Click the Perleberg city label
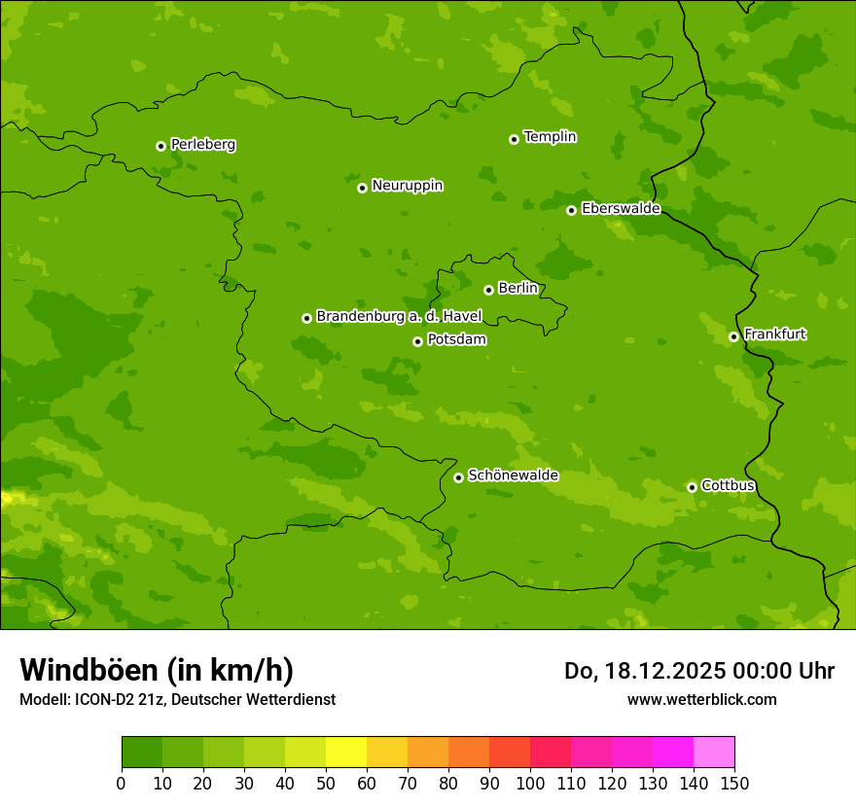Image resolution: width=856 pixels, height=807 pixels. pos(202,145)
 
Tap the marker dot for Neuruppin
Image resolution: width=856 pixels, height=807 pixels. pos(362,188)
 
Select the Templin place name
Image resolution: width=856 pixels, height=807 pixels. pos(550,137)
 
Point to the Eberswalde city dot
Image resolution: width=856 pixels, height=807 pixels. pos(572,210)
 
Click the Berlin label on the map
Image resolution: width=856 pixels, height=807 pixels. pos(517,289)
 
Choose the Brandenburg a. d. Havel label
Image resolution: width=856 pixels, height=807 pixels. pos(399,317)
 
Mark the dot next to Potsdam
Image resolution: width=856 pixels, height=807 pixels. pos(418,341)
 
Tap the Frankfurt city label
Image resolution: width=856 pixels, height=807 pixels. pos(774,334)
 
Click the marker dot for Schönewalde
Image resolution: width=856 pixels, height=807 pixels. pos(459,477)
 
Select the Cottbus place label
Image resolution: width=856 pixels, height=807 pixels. pos(728,485)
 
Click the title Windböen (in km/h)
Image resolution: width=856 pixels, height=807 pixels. pos(157,670)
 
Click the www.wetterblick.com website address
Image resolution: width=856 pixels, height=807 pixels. pos(701,699)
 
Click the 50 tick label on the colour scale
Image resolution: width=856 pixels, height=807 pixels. pos(326,784)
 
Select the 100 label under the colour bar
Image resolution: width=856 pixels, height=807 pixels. pos(530,784)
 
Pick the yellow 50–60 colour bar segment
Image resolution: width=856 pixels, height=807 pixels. pos(346,753)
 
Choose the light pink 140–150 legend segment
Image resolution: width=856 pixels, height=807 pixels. pos(714,753)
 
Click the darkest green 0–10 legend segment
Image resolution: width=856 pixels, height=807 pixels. pos(142,753)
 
